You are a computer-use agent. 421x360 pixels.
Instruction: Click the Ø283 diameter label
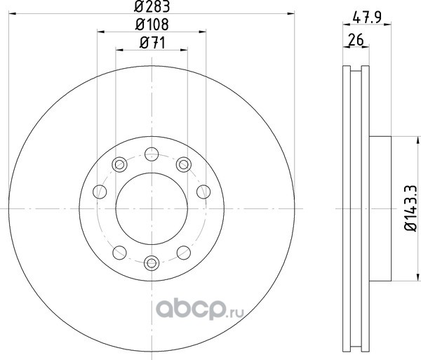pos(152,6)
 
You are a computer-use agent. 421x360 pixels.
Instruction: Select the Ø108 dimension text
pos(152,25)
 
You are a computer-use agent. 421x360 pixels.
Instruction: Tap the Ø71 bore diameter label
pos(152,43)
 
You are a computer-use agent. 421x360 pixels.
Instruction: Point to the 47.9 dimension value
pos(367,18)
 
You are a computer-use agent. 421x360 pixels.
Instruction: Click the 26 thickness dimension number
pos(356,40)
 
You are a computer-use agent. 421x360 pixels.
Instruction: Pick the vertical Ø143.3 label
pos(410,208)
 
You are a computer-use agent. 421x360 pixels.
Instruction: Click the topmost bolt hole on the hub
pos(152,154)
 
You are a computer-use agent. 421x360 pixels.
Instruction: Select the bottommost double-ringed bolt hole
pos(152,263)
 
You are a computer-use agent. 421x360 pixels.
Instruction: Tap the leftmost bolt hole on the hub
pos(100,192)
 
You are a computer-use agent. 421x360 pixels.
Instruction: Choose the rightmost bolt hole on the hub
pos(203,192)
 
